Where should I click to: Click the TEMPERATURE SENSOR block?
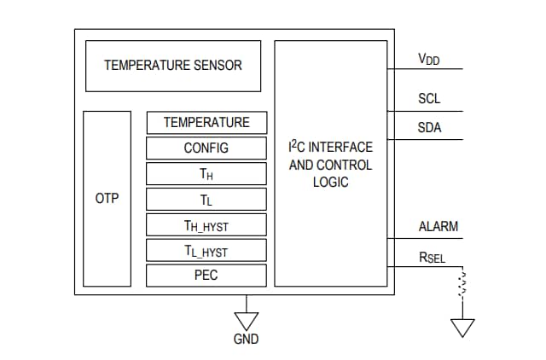(x=173, y=65)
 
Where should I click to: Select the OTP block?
(x=107, y=199)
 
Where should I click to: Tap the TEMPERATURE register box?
(x=206, y=122)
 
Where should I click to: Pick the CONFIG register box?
(x=206, y=148)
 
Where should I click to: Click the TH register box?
(x=206, y=174)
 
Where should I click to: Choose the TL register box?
(x=206, y=200)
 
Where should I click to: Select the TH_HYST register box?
(x=206, y=225)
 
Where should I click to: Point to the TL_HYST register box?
(x=206, y=251)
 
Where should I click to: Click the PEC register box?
(x=206, y=276)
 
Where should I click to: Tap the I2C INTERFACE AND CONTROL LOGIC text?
(x=330, y=164)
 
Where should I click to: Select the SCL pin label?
(x=429, y=99)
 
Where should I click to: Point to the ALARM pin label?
(x=438, y=227)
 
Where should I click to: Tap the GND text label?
(x=247, y=339)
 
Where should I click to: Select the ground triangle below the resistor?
(x=462, y=328)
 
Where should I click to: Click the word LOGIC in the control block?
(x=330, y=182)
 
